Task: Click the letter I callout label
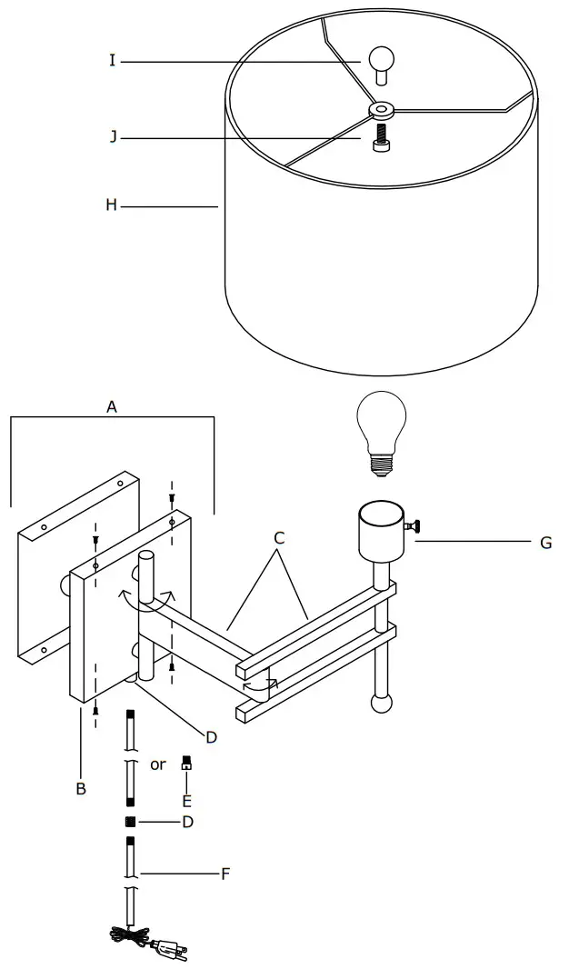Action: click(x=112, y=61)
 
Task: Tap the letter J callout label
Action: click(x=113, y=136)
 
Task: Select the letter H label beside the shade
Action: click(x=111, y=205)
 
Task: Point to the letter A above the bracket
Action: click(x=111, y=406)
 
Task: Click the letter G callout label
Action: click(x=545, y=543)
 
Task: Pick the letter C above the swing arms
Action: click(x=279, y=537)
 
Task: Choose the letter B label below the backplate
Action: click(x=81, y=788)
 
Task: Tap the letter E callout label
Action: click(x=186, y=802)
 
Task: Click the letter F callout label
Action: click(x=225, y=874)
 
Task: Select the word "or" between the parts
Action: click(x=158, y=765)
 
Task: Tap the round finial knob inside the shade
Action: click(x=381, y=65)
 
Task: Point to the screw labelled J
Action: click(x=380, y=138)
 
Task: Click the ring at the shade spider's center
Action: click(x=382, y=111)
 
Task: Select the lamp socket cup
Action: click(x=382, y=532)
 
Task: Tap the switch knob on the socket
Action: click(x=414, y=527)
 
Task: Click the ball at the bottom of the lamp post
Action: click(x=381, y=704)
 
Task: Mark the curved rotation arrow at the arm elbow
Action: click(x=260, y=684)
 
